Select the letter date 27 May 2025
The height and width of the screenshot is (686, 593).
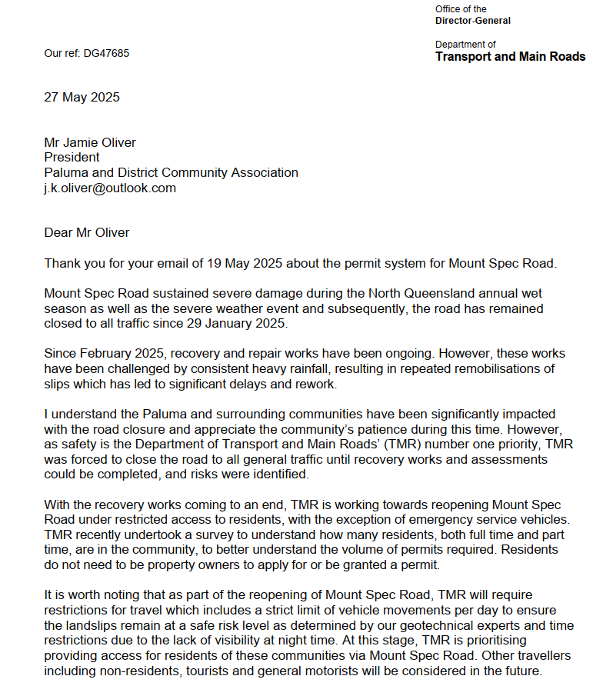82,98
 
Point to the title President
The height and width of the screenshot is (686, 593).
72,157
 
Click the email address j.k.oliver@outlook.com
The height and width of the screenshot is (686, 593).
110,188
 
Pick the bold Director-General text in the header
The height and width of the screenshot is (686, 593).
472,21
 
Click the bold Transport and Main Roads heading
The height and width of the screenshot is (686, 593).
510,57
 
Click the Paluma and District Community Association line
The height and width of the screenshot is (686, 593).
171,172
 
